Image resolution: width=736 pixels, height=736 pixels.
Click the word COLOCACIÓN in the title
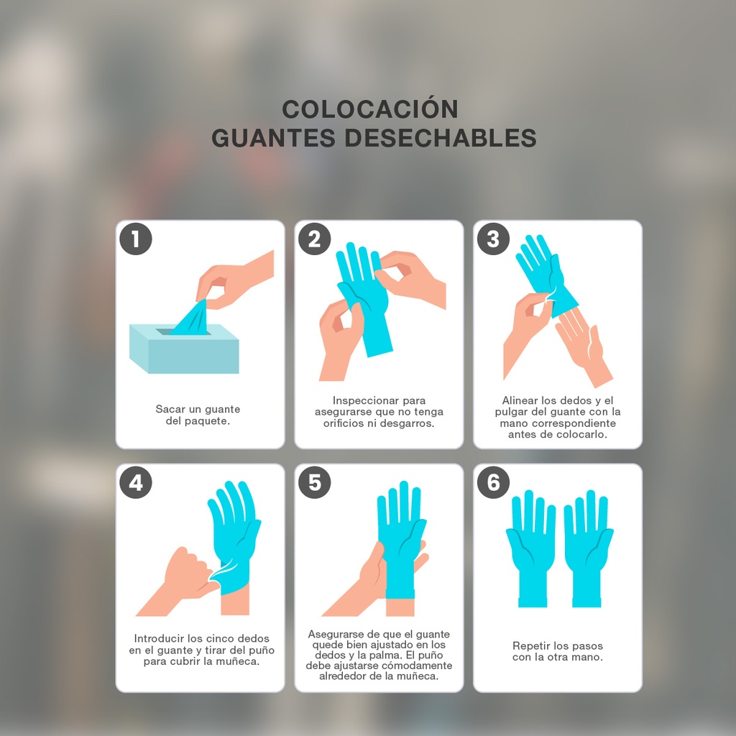370,109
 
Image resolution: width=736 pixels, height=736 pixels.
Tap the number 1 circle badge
136,239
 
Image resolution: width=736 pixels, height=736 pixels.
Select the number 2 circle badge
314,239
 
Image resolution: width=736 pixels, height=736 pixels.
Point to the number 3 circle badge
493,239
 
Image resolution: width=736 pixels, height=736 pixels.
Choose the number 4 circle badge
136,482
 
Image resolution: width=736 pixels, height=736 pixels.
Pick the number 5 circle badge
314,482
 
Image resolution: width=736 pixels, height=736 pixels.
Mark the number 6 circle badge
493,482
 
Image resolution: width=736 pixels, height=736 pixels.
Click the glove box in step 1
184,350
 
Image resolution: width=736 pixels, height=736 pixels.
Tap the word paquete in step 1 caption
207,421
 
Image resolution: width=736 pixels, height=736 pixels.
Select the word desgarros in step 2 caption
409,423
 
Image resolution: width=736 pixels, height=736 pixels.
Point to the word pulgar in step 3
511,412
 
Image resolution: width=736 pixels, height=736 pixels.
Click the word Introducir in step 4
160,638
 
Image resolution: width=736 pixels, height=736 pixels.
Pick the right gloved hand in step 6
588,546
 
